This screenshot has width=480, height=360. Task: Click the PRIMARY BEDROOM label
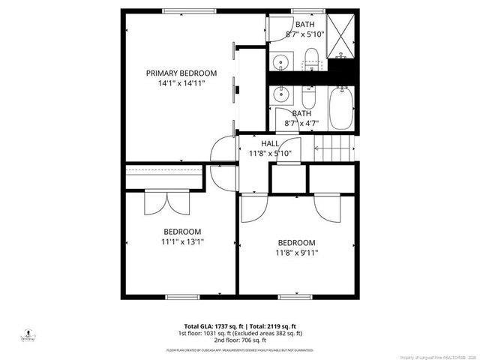click(181, 73)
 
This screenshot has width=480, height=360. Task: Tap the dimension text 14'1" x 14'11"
click(181, 83)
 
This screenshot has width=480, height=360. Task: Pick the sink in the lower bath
click(282, 95)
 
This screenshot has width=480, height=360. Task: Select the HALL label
click(270, 143)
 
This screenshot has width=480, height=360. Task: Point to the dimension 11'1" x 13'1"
click(182, 241)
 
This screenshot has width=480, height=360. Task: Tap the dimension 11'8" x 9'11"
click(297, 253)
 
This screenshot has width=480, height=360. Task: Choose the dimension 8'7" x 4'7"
click(301, 123)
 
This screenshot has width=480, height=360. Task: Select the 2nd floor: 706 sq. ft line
click(239, 340)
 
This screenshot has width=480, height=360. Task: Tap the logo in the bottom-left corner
click(28, 332)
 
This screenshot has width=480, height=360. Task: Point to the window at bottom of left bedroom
click(182, 297)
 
